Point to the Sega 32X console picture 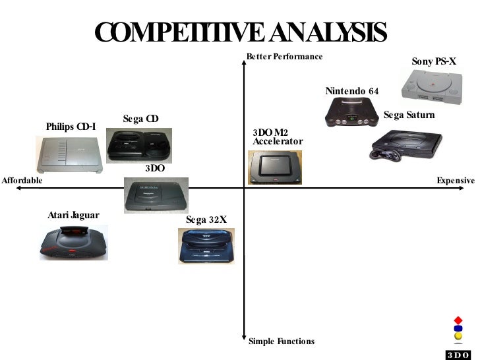pyautogui.click(x=206, y=245)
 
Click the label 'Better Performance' pyautogui.click(x=285, y=57)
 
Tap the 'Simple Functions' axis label pyautogui.click(x=282, y=342)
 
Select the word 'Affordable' pyautogui.click(x=22, y=181)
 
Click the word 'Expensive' pyautogui.click(x=456, y=181)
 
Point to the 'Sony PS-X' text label pyautogui.click(x=434, y=62)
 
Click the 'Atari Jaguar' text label pyautogui.click(x=73, y=216)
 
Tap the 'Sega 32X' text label pyautogui.click(x=206, y=220)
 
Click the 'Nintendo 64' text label pyautogui.click(x=352, y=91)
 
